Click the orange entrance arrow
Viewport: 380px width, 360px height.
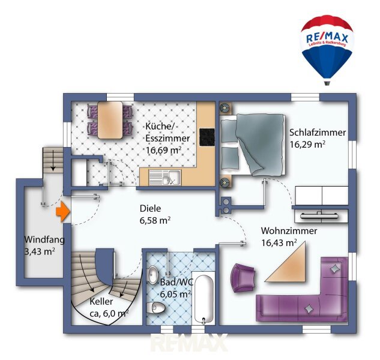point(63,212)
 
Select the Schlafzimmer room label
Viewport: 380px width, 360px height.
point(318,133)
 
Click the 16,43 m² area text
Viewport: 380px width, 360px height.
point(279,242)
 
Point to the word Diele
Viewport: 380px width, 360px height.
point(150,208)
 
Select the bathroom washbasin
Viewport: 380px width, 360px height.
point(153,275)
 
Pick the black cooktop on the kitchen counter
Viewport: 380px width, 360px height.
point(207,137)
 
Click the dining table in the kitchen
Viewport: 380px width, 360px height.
point(110,120)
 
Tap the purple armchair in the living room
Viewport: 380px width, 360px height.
point(243,278)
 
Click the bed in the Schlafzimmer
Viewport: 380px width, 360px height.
point(252,145)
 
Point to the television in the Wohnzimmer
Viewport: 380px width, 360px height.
point(319,215)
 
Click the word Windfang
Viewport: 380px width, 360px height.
point(44,240)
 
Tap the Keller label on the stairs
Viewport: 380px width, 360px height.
point(101,302)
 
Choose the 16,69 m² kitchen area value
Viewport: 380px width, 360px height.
point(163,150)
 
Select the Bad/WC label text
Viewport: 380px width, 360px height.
point(176,282)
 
